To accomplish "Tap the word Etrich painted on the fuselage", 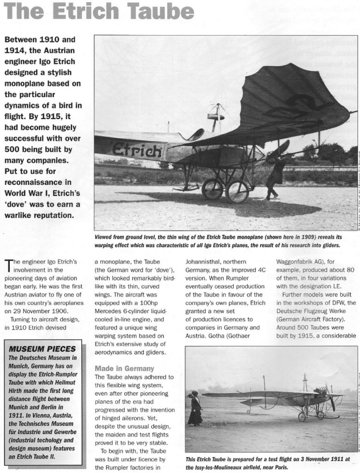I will pos(138,150).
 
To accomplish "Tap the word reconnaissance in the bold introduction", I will pos(36,179).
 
